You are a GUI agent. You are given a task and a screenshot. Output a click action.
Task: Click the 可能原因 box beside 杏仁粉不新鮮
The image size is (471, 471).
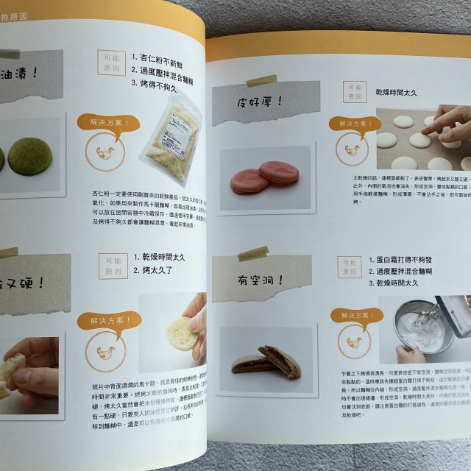110,62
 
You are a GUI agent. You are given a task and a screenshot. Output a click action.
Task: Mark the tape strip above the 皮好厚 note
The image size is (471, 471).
261,80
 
